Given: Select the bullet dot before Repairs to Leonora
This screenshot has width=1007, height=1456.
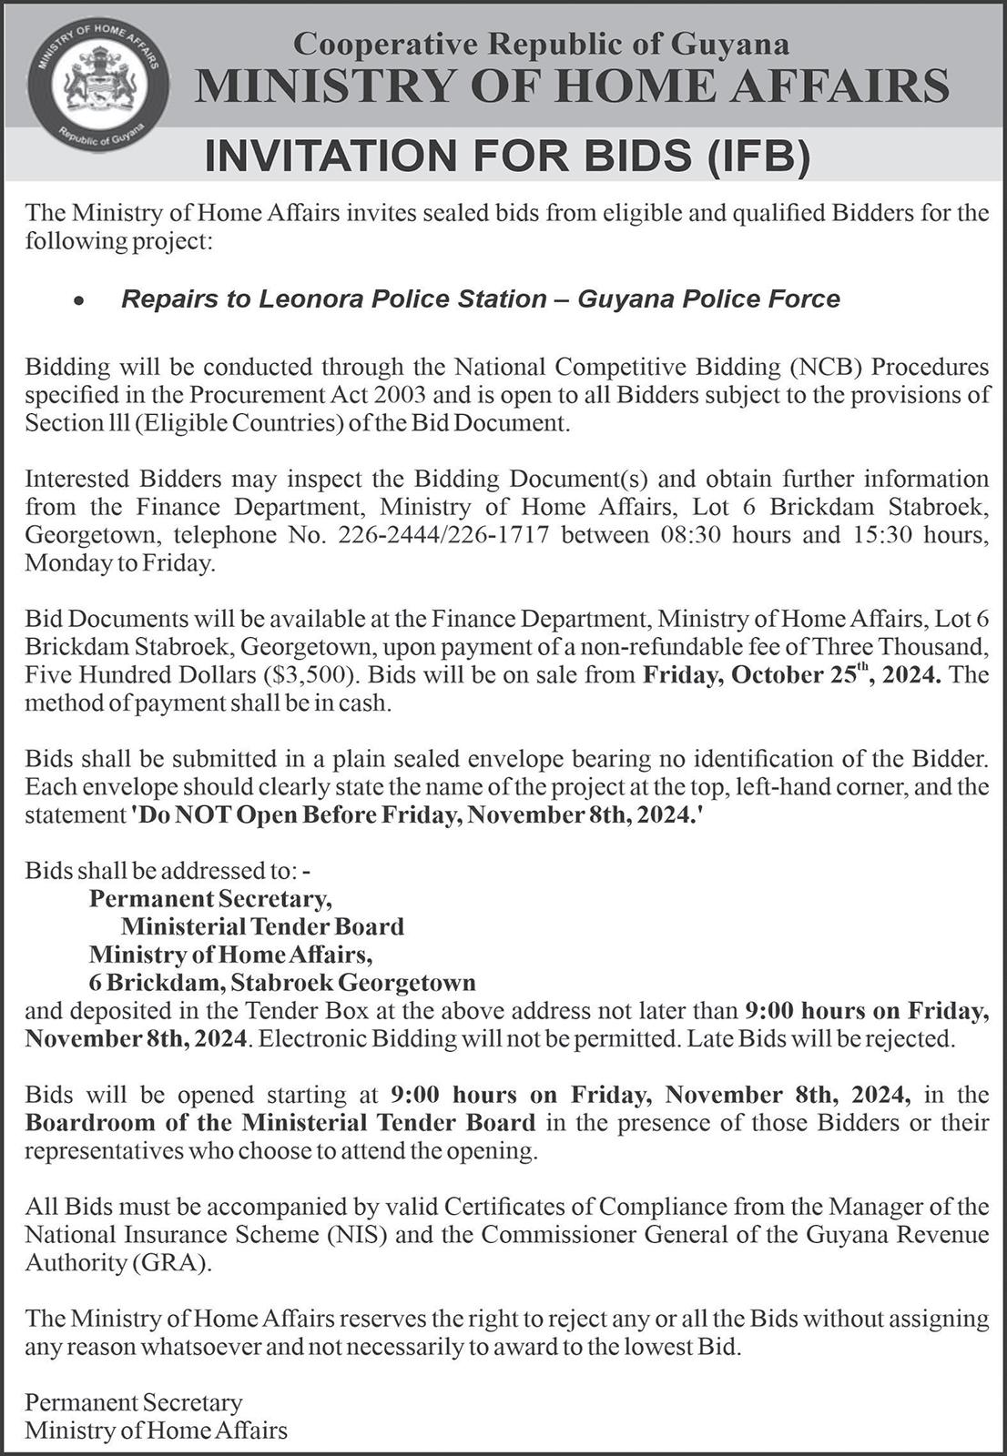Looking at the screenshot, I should point(80,300).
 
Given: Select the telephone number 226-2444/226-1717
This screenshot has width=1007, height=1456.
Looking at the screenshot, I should point(443,534).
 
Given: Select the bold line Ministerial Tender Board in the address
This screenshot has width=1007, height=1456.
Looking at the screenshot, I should point(262,926).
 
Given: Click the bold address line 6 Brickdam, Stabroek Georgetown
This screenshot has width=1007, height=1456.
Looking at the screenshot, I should point(282,983).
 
